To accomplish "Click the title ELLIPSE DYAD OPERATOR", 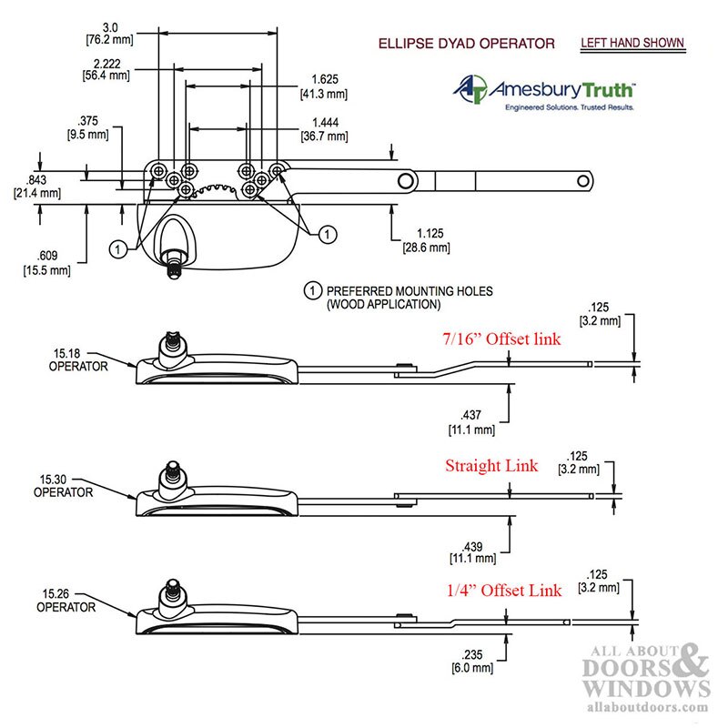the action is pos(466,44).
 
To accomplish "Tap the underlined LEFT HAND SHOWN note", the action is pos(632,43).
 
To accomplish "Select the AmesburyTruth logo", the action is pos(544,92).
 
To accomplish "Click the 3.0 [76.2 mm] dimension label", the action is pos(110,34).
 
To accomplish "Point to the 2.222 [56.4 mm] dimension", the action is pos(106,69).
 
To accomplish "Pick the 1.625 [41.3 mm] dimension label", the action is pos(324,86).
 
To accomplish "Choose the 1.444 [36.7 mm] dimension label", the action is pos(325,129).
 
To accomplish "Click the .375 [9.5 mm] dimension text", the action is pos(87,127).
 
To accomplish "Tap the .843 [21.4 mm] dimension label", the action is pos(37,187).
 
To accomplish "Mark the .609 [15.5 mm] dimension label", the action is pos(47,263).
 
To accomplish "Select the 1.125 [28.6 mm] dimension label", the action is pos(427,240).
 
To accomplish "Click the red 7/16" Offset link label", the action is pos(501,339).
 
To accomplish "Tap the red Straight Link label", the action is pos(491,465).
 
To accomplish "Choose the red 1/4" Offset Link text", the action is pos(504,590).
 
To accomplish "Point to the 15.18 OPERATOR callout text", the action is pos(78,359).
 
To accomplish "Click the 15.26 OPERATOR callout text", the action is pos(66,601).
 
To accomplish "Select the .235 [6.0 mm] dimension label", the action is pos(472,662).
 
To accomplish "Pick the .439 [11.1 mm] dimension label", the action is pos(472,552).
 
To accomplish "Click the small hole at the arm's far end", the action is pos(582,180).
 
